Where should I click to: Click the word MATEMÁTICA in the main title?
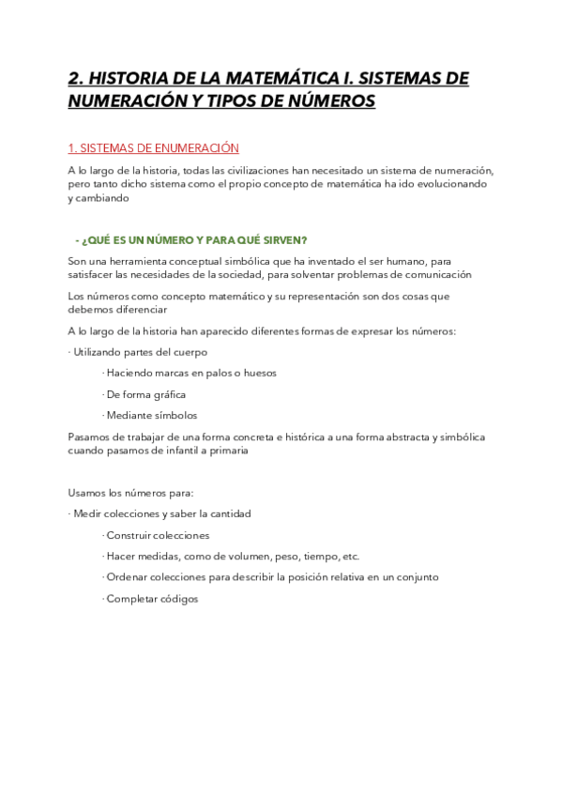coord(271,78)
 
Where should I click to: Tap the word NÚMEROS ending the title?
coord(327,100)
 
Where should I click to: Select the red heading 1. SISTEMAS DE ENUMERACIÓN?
coord(154,148)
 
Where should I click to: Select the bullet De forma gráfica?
coord(145,393)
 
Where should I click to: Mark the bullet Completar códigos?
coord(151,599)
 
